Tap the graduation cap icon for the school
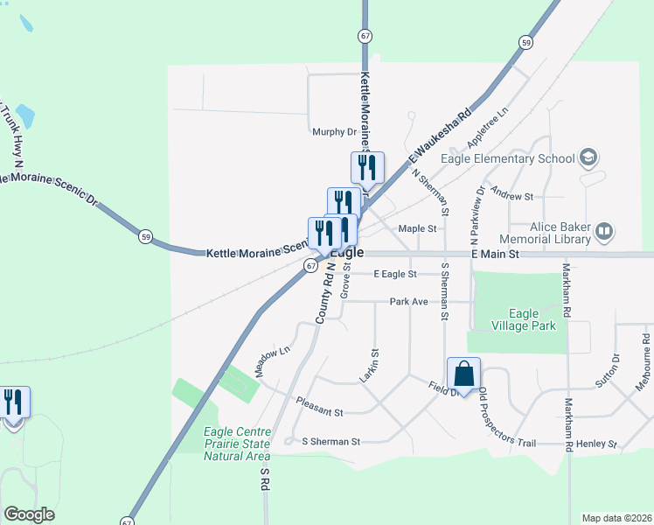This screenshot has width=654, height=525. tap(588, 158)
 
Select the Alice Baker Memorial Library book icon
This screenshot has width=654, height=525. tap(603, 232)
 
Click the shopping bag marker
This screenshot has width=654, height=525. tap(463, 374)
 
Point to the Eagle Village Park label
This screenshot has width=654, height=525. tap(532, 319)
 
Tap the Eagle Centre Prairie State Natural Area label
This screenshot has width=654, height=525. tap(237, 444)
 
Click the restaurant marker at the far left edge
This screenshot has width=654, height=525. tap(14, 403)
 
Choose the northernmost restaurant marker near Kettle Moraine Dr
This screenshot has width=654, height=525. tap(367, 168)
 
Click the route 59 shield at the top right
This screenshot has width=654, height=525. tap(525, 42)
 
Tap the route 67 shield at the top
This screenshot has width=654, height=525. tap(364, 35)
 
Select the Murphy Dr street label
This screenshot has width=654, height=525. tap(335, 132)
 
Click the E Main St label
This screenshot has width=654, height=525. tap(495, 254)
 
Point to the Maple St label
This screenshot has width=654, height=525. tap(417, 228)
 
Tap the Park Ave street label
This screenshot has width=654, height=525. tap(408, 302)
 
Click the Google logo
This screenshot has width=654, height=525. tap(29, 514)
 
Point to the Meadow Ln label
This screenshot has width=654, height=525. tap(272, 360)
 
